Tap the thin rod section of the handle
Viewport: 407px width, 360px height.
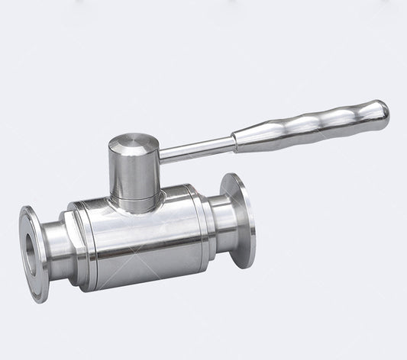[195, 149]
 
